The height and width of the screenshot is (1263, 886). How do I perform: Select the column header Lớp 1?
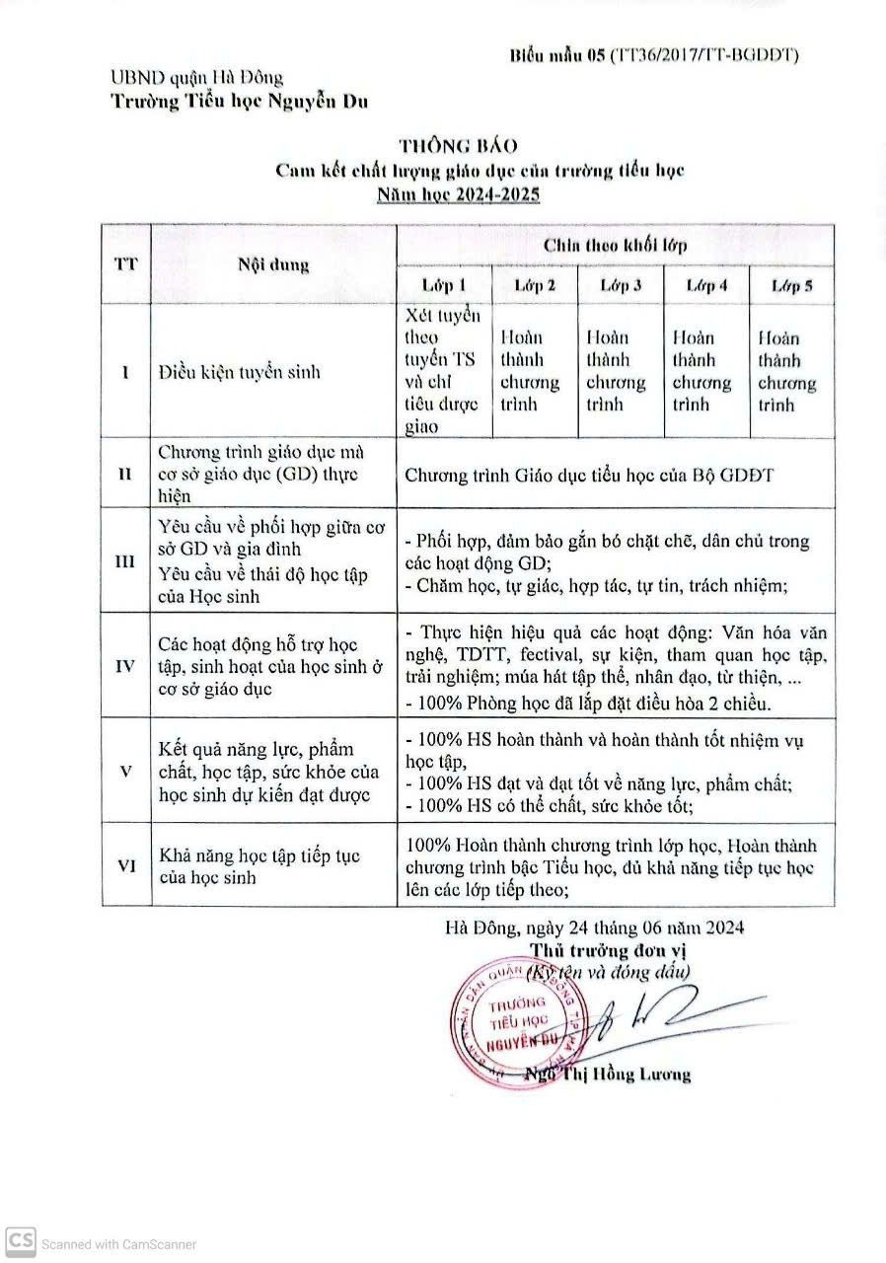(444, 286)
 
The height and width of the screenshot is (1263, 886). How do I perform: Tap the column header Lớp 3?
(622, 286)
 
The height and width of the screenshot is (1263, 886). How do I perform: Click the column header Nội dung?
(273, 264)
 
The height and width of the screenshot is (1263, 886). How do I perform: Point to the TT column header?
(125, 264)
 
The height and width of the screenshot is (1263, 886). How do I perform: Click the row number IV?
(125, 666)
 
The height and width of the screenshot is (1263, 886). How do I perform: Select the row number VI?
(125, 865)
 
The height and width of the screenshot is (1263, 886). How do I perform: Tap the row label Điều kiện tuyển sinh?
(240, 372)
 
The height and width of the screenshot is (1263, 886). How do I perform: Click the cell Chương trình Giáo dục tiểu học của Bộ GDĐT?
(590, 476)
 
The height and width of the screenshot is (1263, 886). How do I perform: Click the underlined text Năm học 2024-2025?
(459, 194)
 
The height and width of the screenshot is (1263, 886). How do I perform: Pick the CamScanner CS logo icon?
(21, 1242)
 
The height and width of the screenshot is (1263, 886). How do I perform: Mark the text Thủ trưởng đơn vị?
(607, 950)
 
